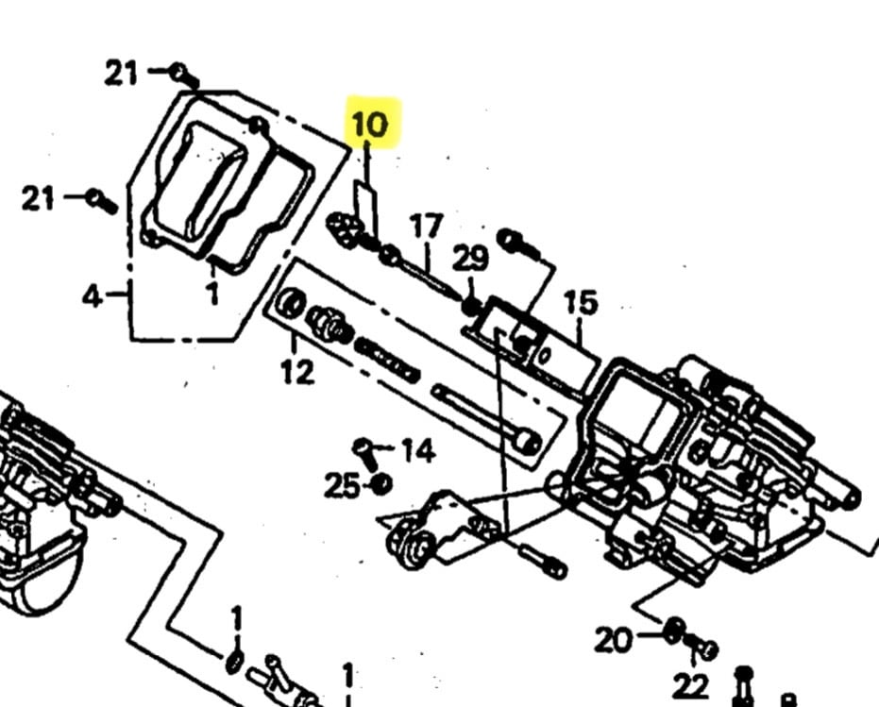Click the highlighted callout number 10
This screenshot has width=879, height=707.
click(370, 124)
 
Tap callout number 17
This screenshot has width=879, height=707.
click(427, 226)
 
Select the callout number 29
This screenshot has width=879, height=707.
click(470, 259)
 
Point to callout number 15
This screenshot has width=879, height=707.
click(581, 303)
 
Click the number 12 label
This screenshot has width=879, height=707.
click(297, 371)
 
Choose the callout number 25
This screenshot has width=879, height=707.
click(342, 485)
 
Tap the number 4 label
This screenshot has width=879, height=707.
click(93, 295)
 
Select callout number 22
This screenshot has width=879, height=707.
click(691, 685)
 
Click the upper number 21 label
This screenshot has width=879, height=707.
click(121, 73)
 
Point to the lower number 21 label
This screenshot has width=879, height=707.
click(38, 198)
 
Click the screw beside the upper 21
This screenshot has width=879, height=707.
click(185, 76)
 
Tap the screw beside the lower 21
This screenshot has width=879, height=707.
click(101, 201)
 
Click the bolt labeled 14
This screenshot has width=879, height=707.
click(365, 453)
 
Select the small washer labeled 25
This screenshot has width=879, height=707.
click(382, 483)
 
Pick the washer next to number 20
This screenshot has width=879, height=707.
click(675, 631)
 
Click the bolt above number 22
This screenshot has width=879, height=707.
click(702, 647)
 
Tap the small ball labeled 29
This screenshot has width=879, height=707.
click(471, 306)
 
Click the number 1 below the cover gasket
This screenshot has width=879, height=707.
click(213, 293)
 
